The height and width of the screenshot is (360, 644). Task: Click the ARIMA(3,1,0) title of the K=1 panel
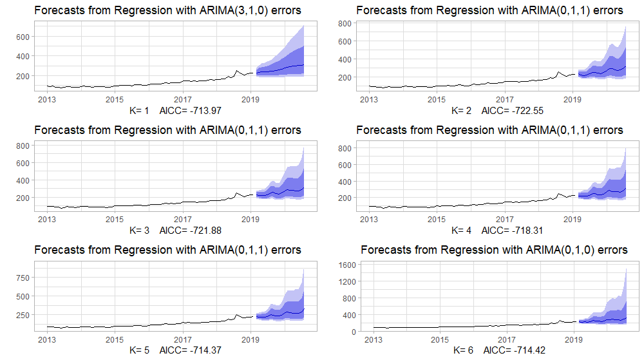coord(167,10)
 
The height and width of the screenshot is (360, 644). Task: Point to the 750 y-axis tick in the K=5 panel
coord(24,278)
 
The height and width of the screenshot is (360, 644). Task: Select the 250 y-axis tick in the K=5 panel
coord(24,315)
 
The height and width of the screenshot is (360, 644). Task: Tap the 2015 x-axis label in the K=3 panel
coord(115,220)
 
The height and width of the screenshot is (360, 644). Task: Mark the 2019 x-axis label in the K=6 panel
coord(573,339)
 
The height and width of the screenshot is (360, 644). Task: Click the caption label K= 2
coord(461,111)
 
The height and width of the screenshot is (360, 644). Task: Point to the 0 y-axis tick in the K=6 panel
coord(354,332)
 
